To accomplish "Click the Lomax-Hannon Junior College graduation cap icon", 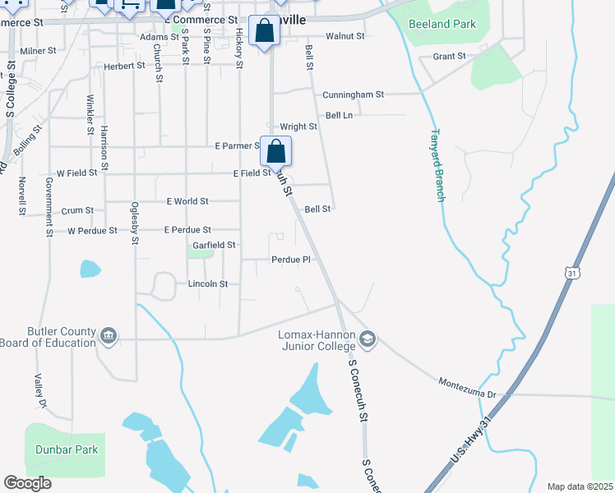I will tap(368, 339).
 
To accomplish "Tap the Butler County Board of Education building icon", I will tap(109, 336).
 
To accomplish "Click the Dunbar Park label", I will tap(67, 449).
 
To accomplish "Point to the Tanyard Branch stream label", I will tap(438, 165).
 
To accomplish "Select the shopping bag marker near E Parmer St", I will tap(276, 151).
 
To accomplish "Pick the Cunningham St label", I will tap(354, 94).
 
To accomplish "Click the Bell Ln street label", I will tap(339, 116).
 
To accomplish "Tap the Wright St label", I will tap(298, 127).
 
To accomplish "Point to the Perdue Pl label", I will tap(291, 260).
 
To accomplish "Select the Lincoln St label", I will tap(208, 283).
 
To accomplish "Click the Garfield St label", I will tap(214, 245).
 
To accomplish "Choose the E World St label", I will tap(187, 200).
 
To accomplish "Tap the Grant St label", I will tap(449, 57).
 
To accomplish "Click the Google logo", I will tap(27, 483).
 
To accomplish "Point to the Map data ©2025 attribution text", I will tap(580, 486).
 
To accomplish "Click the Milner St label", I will tap(38, 51).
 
